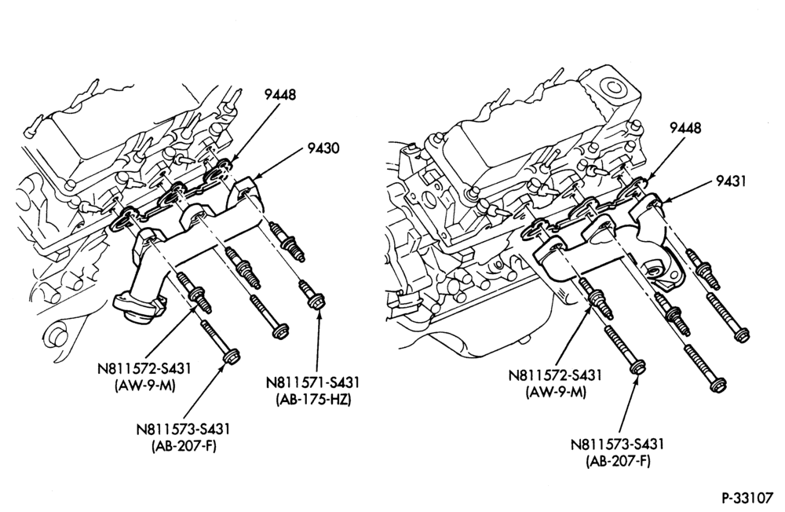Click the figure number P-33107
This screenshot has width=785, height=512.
[x=747, y=498]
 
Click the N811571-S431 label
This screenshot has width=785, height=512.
[x=313, y=382]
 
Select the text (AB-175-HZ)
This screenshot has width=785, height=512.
[x=313, y=400]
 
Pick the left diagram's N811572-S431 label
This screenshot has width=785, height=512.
[x=144, y=369]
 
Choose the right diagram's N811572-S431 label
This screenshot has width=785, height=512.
[x=555, y=375]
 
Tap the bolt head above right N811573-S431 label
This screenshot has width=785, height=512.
[x=636, y=368]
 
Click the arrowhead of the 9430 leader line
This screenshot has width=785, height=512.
[x=254, y=177]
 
